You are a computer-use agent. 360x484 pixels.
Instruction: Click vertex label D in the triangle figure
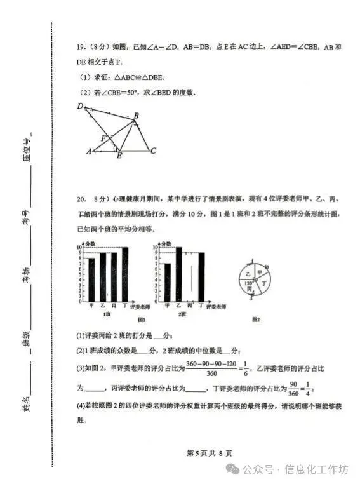click(81, 107)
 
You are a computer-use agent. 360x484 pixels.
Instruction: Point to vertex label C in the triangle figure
click(154, 151)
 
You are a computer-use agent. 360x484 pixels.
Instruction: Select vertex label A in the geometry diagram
click(90, 151)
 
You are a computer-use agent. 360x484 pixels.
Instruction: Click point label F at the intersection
click(103, 138)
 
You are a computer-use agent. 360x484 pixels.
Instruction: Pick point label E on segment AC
click(119, 156)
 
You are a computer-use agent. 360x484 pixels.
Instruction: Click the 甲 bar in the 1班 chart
click(91, 279)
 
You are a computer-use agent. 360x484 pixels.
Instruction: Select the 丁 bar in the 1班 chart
click(124, 274)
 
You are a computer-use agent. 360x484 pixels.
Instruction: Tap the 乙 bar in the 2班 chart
click(178, 274)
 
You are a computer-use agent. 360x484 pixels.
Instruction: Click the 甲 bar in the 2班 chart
click(167, 281)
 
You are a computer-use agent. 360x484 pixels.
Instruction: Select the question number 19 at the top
click(81, 47)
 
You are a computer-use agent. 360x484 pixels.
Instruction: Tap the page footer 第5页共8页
click(209, 453)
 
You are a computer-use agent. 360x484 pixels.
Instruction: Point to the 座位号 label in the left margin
click(27, 150)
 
